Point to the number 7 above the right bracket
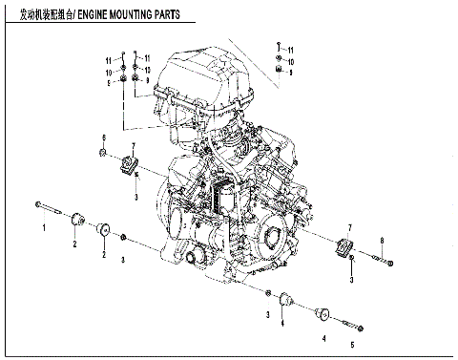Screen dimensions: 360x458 tap(350, 227)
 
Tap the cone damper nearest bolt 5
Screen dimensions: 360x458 tap(322, 312)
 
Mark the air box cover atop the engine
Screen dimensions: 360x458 tap(205, 72)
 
